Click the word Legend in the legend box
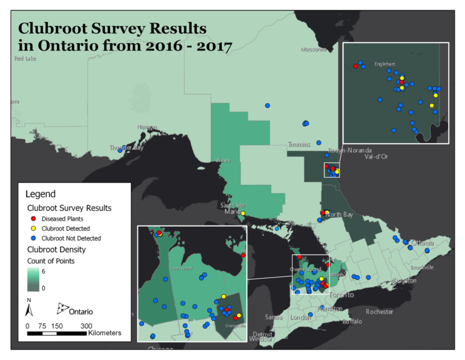[x=41, y=195]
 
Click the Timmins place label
[x=298, y=145]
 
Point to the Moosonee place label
[x=314, y=50]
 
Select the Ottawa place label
[x=423, y=242]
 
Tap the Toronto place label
[x=342, y=295]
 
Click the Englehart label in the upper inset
[x=384, y=63]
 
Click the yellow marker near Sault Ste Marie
[x=243, y=213]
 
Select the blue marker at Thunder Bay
[x=120, y=149]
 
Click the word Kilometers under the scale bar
[x=105, y=333]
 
